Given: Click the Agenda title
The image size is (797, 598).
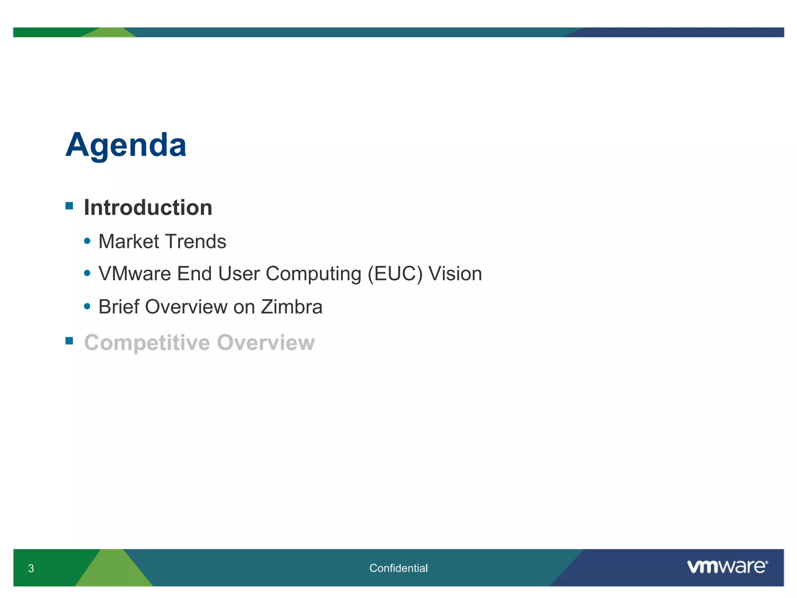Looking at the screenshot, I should (x=126, y=145).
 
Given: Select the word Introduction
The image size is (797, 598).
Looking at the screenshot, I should (x=148, y=208).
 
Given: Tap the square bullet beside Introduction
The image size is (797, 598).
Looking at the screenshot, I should (x=69, y=206).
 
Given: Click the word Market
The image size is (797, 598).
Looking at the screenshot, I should (x=129, y=241).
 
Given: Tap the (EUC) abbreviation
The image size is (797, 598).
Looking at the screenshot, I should (x=395, y=274).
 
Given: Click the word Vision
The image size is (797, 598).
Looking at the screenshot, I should (x=455, y=274).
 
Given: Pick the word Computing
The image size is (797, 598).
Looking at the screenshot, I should (x=313, y=274).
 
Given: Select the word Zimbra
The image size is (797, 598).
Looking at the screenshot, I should (x=291, y=307).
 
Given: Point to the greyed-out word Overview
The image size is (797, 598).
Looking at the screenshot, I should (x=266, y=343).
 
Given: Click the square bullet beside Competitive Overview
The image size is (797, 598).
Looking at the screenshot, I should (x=69, y=341).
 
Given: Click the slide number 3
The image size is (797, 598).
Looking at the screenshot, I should (x=31, y=568).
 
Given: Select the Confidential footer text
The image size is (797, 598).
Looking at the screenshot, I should (x=398, y=568).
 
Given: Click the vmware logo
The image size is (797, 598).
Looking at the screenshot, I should (x=727, y=566).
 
